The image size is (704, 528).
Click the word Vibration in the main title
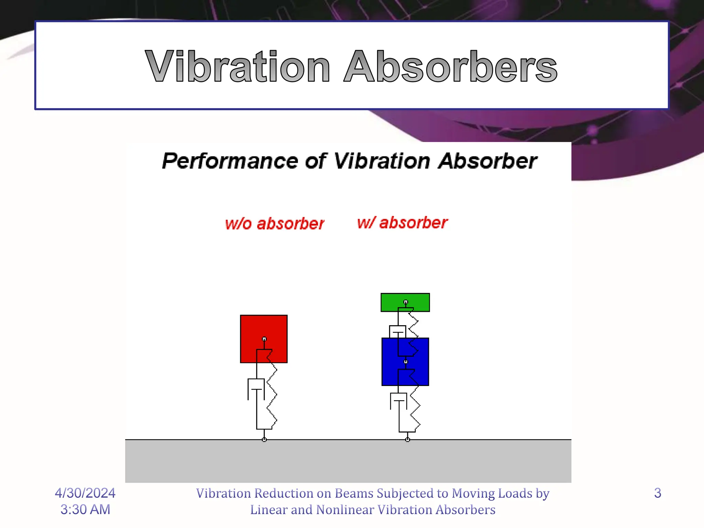click(237, 66)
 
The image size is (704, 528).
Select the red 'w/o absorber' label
click(274, 223)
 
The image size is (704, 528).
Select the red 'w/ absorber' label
click(402, 223)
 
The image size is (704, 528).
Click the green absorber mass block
click(390, 302)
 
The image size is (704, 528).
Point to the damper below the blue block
click(398, 401)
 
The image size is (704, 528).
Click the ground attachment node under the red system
click(264, 440)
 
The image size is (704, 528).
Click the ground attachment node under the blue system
click(407, 440)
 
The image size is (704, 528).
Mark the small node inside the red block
click(264, 339)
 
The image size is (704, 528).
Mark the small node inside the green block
click(406, 302)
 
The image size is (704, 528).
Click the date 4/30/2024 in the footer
click(85, 493)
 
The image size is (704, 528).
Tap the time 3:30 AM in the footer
click(85, 509)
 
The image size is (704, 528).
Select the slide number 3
click(657, 493)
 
